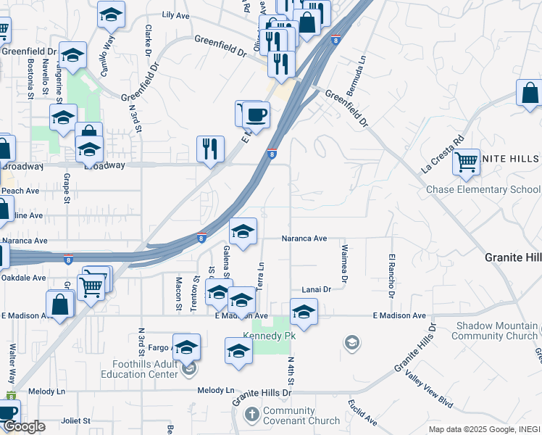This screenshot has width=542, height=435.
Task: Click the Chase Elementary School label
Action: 483,190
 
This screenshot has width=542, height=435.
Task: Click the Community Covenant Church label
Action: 301,415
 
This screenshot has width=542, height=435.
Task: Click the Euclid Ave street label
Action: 362,410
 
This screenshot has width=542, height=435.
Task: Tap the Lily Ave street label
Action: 175,14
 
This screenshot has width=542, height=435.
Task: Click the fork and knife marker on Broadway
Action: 210,149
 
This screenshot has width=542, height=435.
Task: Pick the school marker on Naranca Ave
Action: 243,231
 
